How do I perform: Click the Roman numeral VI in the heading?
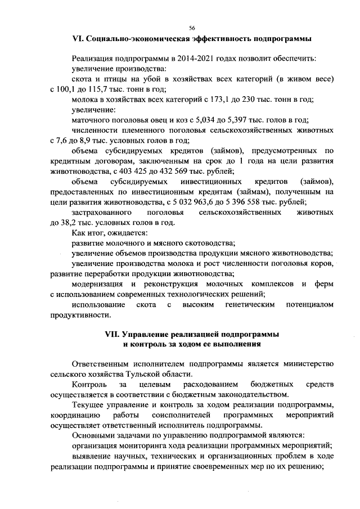(78, 39)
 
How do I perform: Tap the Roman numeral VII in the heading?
(114, 334)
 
